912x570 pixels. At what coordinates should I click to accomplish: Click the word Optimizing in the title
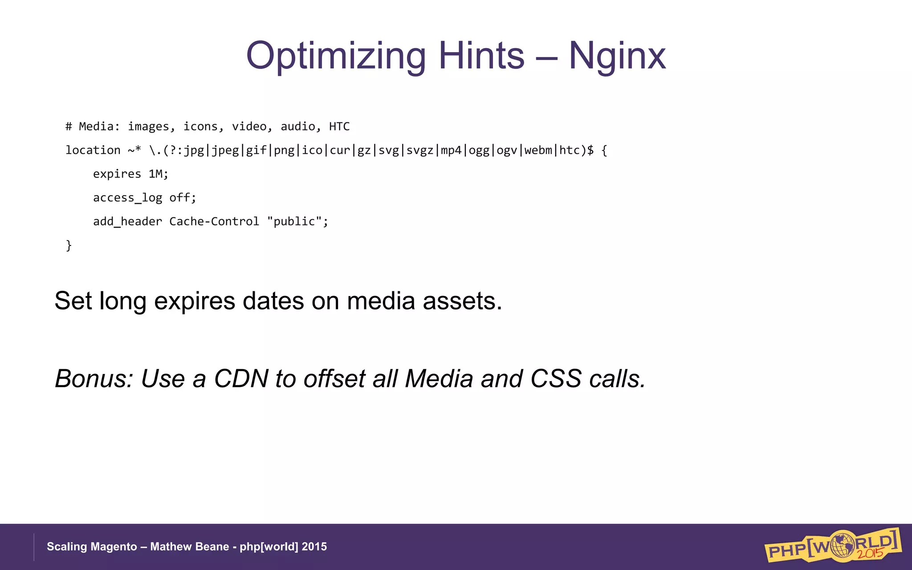[x=336, y=56]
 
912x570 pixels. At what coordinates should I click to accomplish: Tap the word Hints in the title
[x=481, y=56]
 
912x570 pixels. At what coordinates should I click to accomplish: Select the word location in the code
[x=93, y=151]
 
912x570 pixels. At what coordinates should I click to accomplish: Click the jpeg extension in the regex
[x=225, y=151]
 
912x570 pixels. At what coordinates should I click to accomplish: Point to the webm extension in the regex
[x=538, y=151]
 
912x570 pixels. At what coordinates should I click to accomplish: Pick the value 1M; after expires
[x=159, y=174]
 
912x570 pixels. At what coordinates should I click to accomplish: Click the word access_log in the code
[x=127, y=198]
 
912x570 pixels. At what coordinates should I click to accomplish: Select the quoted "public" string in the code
[x=294, y=221]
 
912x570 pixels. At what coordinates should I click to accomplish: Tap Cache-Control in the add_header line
[x=214, y=221]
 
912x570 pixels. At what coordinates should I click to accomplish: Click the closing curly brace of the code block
[x=69, y=245]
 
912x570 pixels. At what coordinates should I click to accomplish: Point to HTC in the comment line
[x=339, y=127]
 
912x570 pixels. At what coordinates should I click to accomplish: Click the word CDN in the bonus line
[x=241, y=379]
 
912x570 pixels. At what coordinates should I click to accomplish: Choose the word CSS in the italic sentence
[x=556, y=379]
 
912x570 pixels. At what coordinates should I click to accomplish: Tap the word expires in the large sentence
[x=194, y=301]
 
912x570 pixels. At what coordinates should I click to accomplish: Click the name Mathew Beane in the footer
[x=189, y=547]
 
